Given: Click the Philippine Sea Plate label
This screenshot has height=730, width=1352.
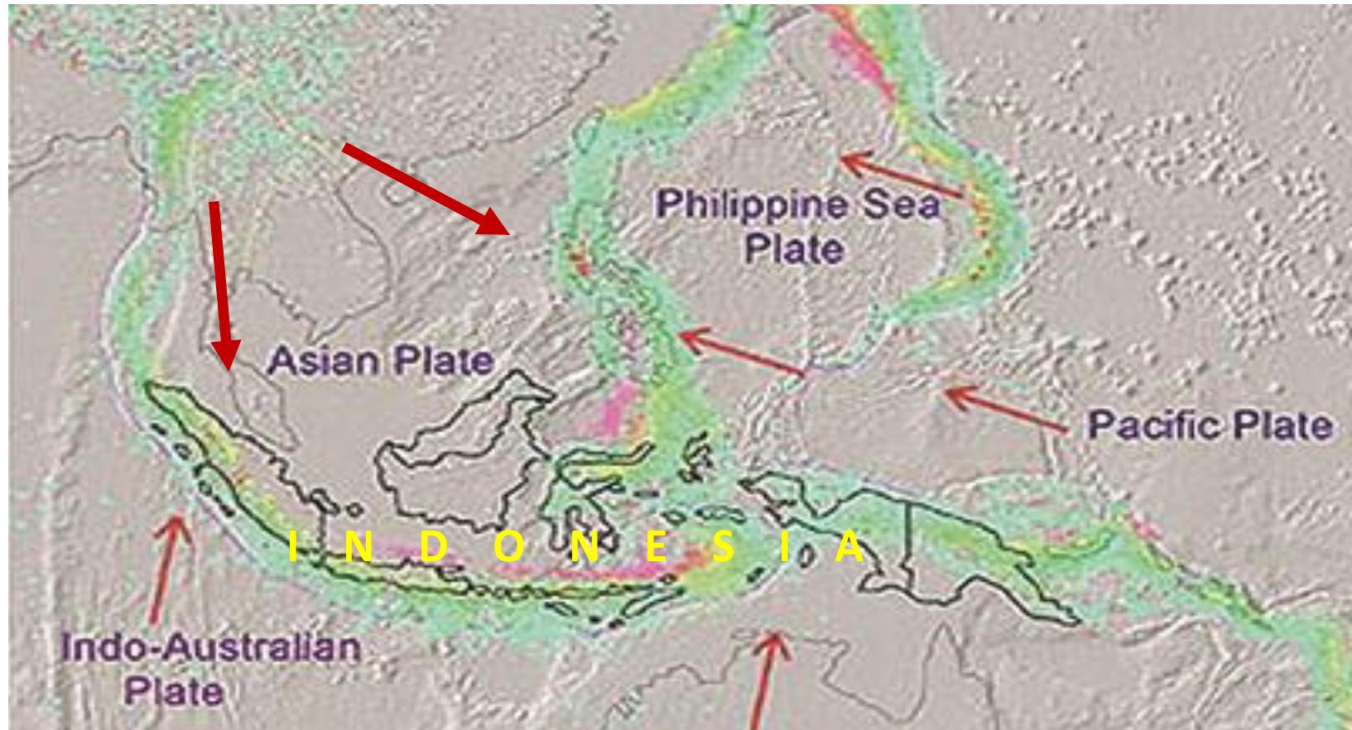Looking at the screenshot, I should coord(797,225).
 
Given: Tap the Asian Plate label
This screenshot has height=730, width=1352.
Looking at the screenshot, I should coord(382,360).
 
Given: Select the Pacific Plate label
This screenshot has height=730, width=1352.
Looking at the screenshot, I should coord(1210,425).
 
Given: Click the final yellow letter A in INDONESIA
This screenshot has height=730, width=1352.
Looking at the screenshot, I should coord(849,549).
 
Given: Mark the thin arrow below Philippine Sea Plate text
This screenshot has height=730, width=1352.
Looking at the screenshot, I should coord(740,353).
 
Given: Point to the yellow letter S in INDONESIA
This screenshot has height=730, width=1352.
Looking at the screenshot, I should coord(722,549).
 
